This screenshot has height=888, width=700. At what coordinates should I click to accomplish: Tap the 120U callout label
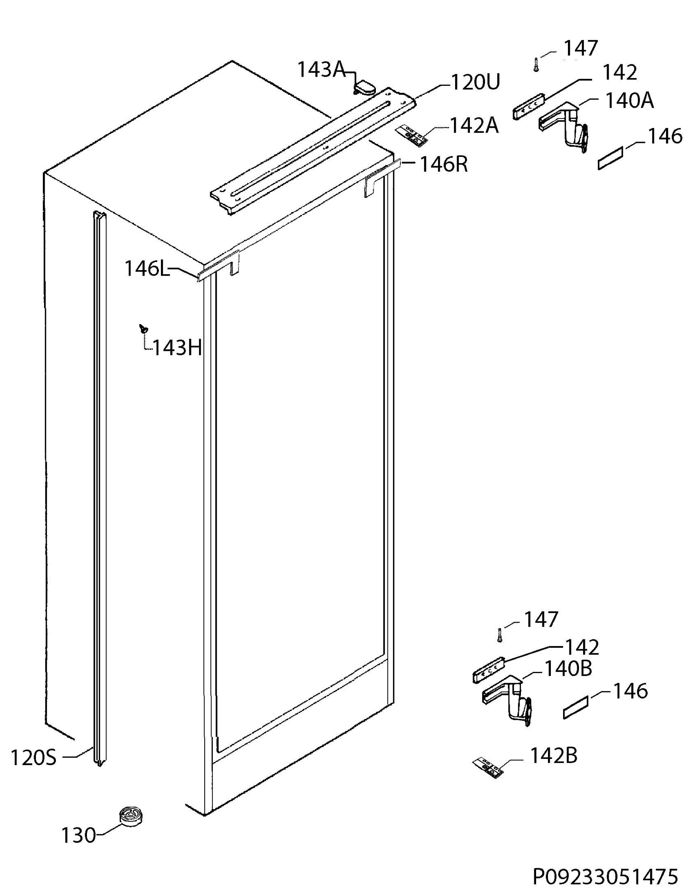[x=475, y=83]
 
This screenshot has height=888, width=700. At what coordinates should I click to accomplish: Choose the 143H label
[x=178, y=348]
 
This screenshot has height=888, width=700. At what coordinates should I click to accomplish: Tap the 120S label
[x=33, y=758]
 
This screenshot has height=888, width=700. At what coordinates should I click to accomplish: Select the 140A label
[x=629, y=100]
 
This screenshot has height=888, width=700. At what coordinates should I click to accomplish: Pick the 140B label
[x=568, y=669]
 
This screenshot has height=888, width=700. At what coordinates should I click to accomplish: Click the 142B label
[x=554, y=756]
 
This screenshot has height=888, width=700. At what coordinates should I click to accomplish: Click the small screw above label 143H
[x=144, y=327]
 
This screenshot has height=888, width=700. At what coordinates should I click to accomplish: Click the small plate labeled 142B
[x=488, y=767]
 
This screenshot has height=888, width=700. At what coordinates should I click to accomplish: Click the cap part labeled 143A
[x=364, y=87]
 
